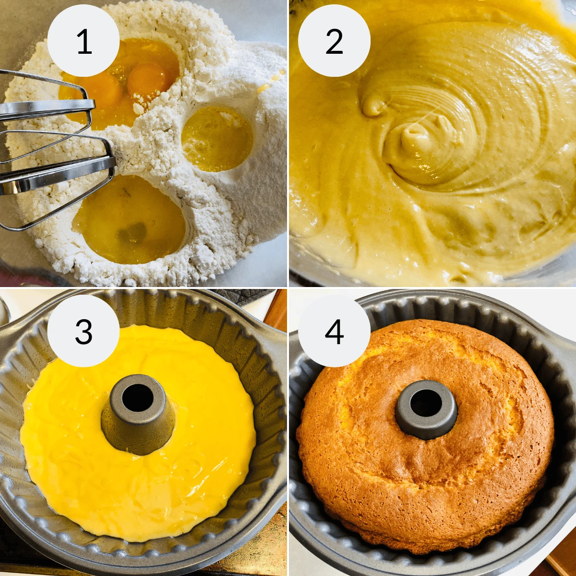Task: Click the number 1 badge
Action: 84,41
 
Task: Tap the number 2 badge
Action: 334,41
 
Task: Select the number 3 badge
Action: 84,331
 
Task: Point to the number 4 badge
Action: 334,331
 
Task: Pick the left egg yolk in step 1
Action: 103,89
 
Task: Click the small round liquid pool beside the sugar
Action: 217,139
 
